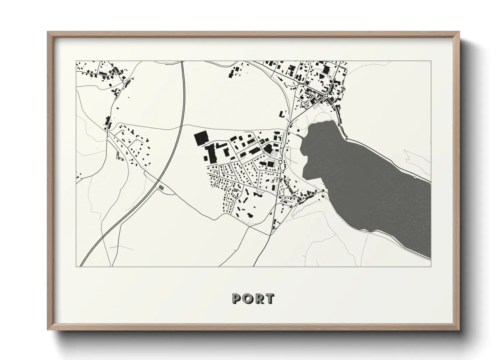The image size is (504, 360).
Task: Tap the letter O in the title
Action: (248, 298)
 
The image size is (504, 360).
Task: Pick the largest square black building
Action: (201, 138)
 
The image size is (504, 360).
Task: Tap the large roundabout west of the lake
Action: (280, 162)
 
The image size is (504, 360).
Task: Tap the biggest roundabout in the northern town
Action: (327, 96)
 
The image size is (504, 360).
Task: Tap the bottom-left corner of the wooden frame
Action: (48, 330)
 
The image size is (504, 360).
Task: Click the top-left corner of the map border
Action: (76, 61)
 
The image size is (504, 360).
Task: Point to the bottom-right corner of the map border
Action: (431, 266)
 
